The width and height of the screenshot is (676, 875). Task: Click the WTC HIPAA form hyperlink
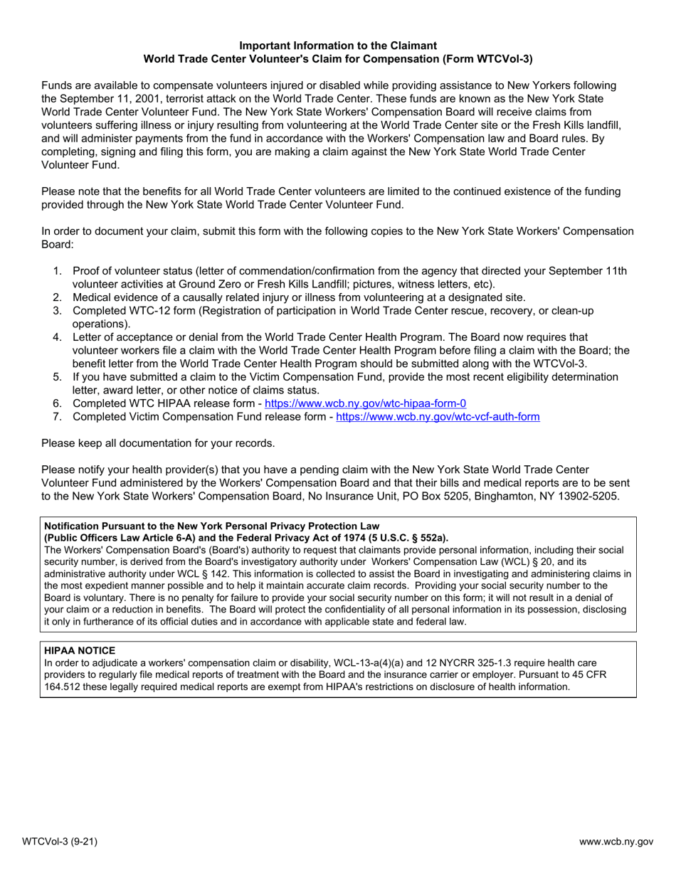365,403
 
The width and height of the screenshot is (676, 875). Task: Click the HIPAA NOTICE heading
80,650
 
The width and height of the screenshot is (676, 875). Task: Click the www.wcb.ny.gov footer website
616,842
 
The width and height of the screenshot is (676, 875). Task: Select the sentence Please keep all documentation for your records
158,443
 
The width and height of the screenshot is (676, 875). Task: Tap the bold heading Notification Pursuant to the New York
142,526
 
